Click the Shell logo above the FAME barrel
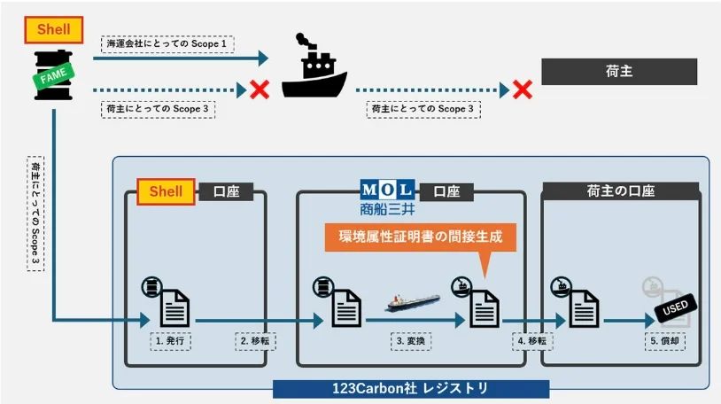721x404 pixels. [x=54, y=30]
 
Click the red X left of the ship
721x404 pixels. [x=260, y=89]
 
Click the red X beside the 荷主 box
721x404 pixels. [x=523, y=89]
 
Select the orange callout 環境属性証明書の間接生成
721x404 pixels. [x=420, y=237]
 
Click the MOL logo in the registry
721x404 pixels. [x=386, y=190]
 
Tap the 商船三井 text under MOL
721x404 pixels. [x=387, y=210]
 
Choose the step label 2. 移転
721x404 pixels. [x=253, y=340]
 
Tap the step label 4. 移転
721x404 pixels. [x=533, y=340]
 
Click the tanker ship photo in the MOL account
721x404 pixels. [x=413, y=302]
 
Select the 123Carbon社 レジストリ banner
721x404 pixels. [x=410, y=388]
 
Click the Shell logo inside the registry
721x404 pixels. [x=166, y=191]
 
